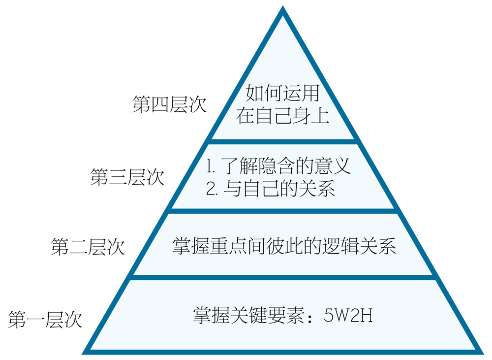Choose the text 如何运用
(x=283, y=93)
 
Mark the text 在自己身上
(x=283, y=116)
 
